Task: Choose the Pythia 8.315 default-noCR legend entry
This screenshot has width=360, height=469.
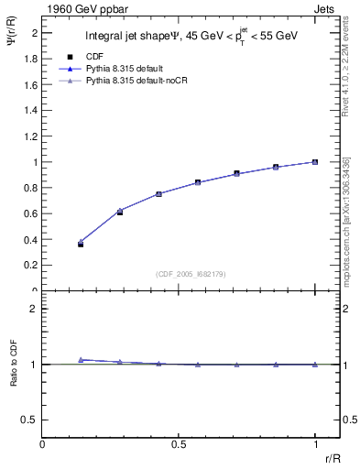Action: point(131,82)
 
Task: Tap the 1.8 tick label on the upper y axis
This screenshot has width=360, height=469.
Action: point(31,59)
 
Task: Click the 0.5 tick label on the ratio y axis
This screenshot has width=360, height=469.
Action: point(30,420)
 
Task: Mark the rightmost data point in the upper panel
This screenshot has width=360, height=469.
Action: point(314,162)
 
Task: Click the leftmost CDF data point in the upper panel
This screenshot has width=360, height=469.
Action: point(81,245)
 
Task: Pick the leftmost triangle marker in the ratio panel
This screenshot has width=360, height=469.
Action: point(81,360)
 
